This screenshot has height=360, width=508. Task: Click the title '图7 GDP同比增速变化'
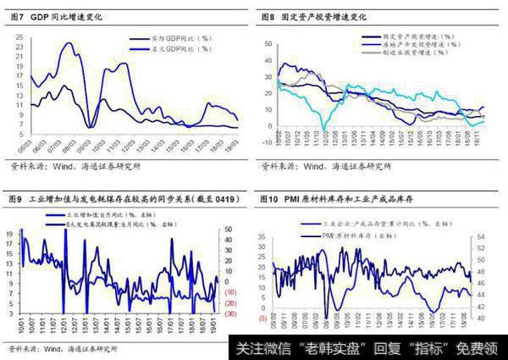(x=59, y=17)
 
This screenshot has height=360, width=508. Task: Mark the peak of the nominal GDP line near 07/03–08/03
(x=67, y=44)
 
